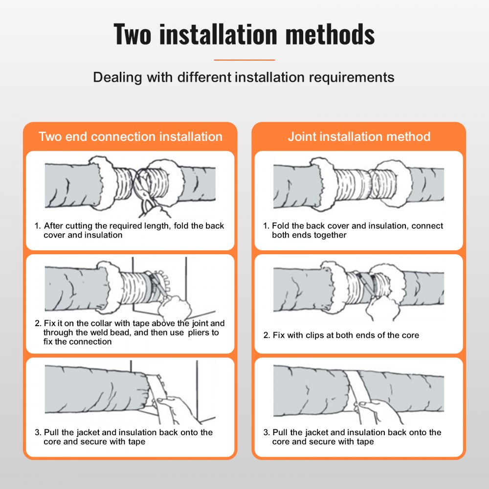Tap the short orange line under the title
tap(244, 60)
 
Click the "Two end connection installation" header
tap(130, 136)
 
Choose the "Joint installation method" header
tap(359, 136)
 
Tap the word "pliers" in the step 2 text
tap(194, 333)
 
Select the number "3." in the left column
tap(38, 432)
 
